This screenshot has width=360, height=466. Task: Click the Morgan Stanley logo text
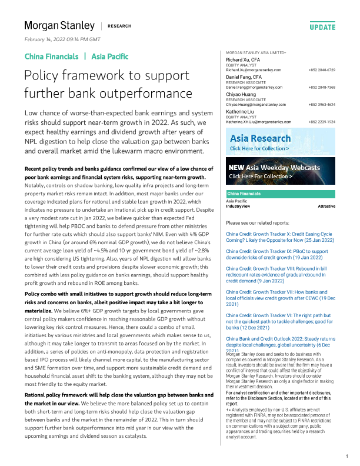tap(59, 25)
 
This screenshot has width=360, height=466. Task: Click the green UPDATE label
tap(322, 27)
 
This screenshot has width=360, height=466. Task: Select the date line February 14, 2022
tap(62, 39)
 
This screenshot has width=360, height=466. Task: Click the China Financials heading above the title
tap(51, 56)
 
